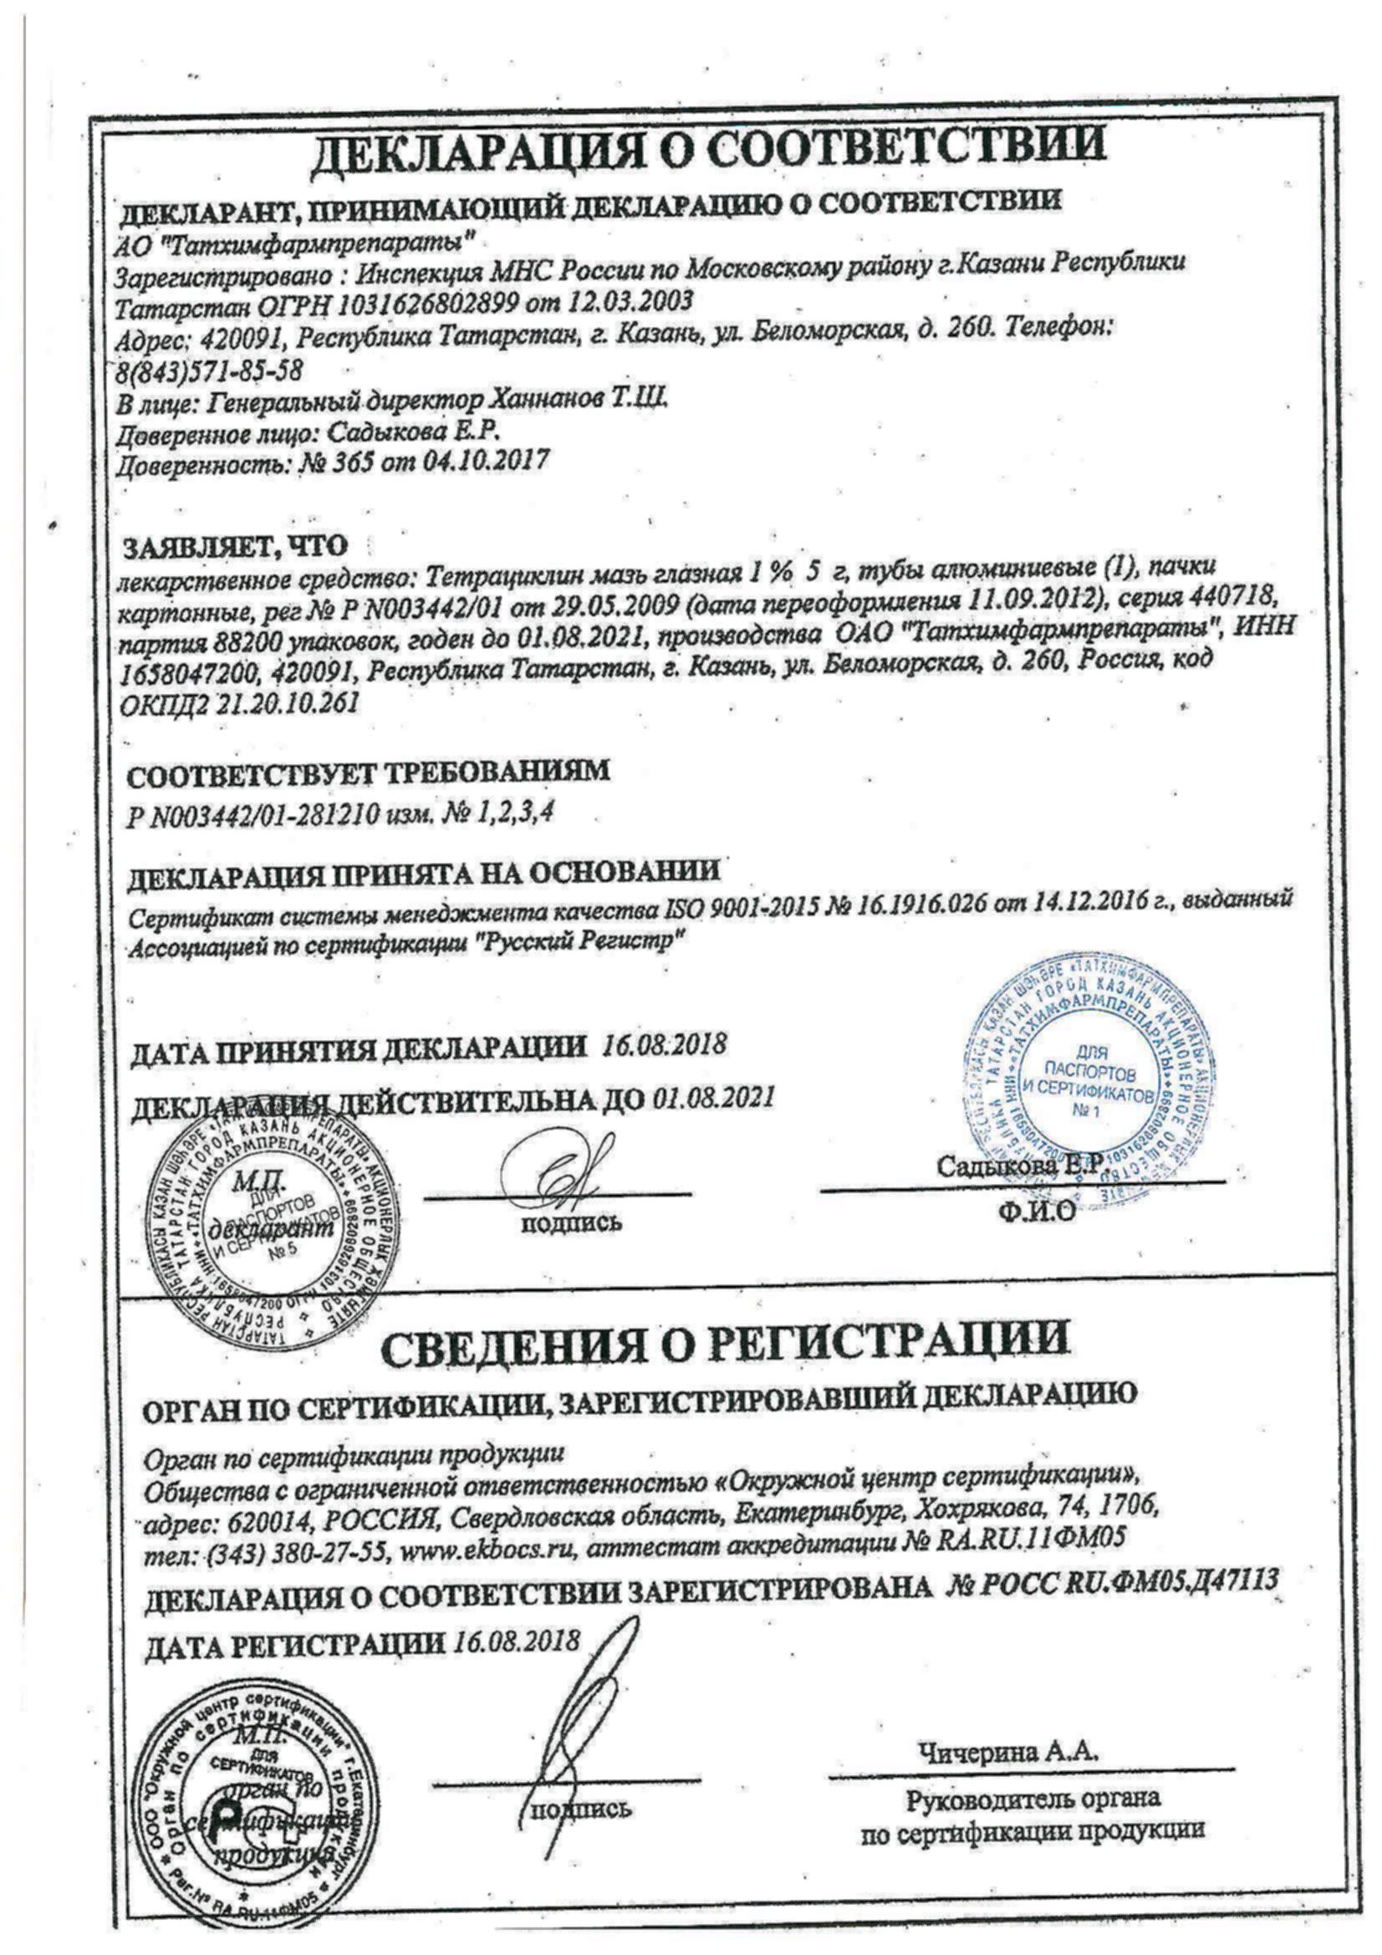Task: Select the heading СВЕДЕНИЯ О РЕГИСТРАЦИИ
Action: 725,1340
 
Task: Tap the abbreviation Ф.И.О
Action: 1038,1211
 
